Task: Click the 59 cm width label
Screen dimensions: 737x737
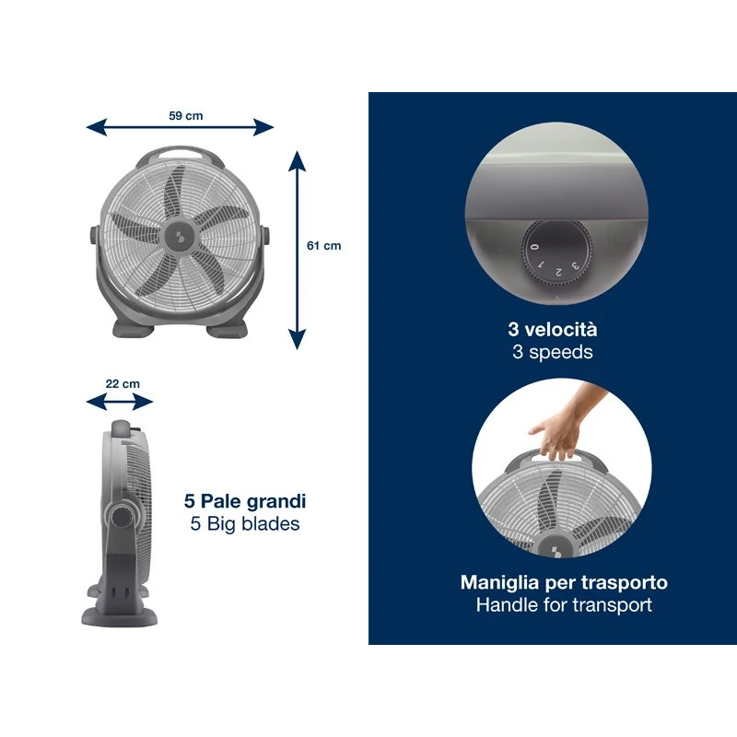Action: point(186,116)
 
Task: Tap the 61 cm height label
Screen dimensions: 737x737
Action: point(324,245)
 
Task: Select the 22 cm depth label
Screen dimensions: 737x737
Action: point(123,383)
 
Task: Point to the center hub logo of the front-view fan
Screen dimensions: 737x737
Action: point(180,235)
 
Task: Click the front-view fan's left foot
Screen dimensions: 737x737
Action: point(133,328)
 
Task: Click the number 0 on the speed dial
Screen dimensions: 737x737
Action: point(534,246)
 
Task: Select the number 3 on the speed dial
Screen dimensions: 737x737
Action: point(575,266)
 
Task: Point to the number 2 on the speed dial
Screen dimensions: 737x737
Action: point(558,272)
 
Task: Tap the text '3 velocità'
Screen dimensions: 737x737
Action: point(552,330)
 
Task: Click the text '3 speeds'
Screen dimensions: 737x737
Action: point(552,352)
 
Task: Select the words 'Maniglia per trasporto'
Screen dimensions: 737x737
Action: point(564,582)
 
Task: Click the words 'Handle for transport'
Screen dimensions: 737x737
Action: point(564,605)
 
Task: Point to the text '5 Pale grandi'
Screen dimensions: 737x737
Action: point(245,501)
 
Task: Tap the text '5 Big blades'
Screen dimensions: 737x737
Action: point(245,523)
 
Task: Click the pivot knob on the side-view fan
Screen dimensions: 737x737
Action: point(123,517)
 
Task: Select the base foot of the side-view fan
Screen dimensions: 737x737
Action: point(120,615)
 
